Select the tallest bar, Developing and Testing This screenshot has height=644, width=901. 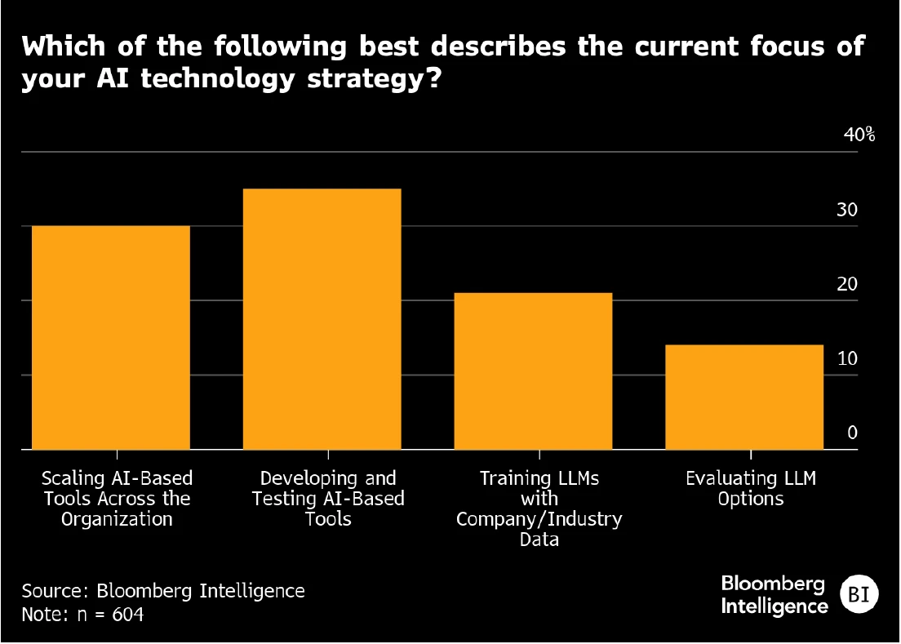click(x=322, y=319)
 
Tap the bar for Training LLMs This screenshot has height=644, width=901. click(x=534, y=371)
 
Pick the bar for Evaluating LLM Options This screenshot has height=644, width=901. click(x=744, y=397)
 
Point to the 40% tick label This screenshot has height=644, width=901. click(x=859, y=135)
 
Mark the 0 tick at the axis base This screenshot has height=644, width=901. click(x=852, y=433)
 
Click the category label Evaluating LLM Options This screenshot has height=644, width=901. click(x=751, y=488)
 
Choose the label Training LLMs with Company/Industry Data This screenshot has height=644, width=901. click(x=539, y=509)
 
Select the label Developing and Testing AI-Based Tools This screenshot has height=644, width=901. click(x=328, y=498)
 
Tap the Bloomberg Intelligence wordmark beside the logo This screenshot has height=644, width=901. click(x=774, y=595)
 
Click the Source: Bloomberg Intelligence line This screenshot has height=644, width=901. click(x=163, y=590)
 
